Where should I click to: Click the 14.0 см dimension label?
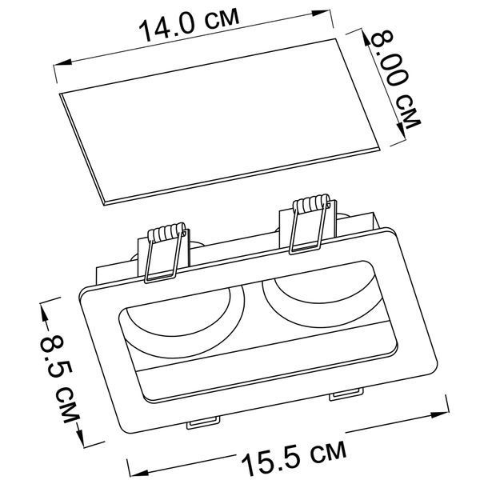pos(189,25)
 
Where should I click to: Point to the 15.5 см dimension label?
pos(294,457)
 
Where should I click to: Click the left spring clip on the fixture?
pos(166,252)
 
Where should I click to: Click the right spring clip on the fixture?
pos(310,224)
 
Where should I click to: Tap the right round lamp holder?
pos(320,294)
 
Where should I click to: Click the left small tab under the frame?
pos(203,422)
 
